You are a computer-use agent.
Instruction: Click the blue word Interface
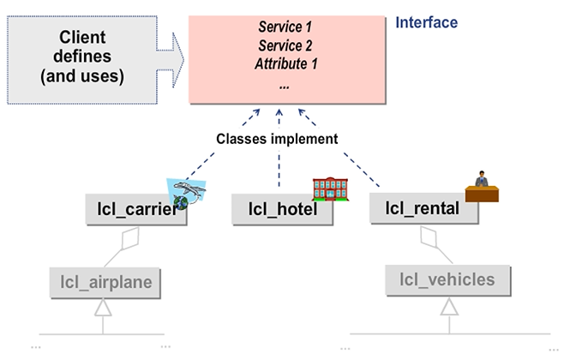coord(426,23)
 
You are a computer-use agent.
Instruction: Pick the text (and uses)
coord(82,75)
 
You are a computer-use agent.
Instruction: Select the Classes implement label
coord(277,138)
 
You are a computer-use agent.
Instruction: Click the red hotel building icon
coord(330,189)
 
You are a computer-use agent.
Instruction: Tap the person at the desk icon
coord(483,188)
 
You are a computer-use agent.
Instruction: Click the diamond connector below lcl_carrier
coord(128,238)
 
